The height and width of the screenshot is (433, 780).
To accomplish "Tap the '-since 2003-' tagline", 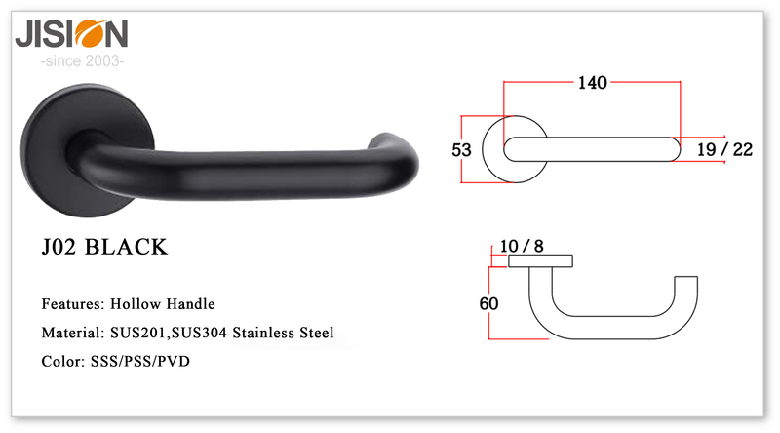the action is click(x=82, y=61).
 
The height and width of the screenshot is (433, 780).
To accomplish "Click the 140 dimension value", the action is click(x=593, y=83).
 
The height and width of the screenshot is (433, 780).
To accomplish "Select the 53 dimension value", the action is click(x=461, y=150).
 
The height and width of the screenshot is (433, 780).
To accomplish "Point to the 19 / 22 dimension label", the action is click(x=724, y=149).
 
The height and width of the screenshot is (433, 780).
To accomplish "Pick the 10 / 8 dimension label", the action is click(x=522, y=246).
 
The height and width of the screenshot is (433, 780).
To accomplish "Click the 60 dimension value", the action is click(x=488, y=303).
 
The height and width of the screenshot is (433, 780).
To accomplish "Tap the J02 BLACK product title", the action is click(x=104, y=248).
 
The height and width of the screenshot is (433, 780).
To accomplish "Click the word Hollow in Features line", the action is click(x=135, y=304).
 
